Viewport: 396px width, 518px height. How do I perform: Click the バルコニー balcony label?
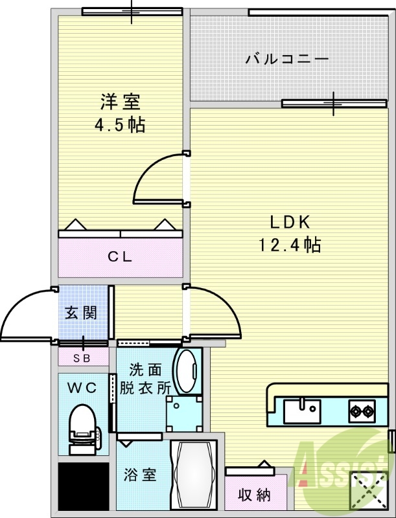pos(287,60)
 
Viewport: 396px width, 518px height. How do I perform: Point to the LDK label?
pos(292,222)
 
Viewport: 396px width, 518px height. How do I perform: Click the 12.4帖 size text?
pos(291,245)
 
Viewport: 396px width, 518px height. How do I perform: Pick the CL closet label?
pos(120,256)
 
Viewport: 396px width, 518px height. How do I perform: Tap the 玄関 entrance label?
pos(81,313)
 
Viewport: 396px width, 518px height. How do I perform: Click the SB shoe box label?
pos(81,357)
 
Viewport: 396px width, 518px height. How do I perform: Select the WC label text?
pos(82,388)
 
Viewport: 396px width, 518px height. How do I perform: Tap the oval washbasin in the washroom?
pos(188,372)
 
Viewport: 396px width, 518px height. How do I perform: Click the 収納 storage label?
pos(254,495)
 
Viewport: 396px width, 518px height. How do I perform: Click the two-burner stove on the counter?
pos(362,409)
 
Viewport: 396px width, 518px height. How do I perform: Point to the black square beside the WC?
pos(82,485)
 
